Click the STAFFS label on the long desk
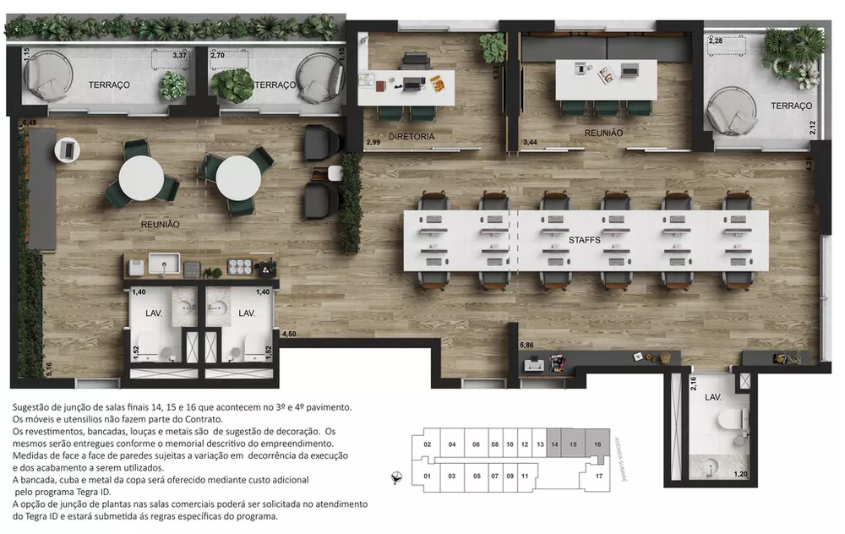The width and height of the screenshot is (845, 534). (585, 240)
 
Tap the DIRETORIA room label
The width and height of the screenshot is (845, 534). (412, 136)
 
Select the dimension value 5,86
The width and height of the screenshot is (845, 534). (526, 345)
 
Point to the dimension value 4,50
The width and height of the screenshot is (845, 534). (289, 334)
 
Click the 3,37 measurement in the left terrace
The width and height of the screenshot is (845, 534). (179, 56)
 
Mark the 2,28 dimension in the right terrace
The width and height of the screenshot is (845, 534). (716, 40)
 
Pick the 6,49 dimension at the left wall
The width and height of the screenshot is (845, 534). (30, 123)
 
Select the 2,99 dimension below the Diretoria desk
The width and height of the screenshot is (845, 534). (373, 143)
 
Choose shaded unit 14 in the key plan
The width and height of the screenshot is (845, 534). (554, 444)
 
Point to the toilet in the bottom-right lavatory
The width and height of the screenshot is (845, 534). (730, 419)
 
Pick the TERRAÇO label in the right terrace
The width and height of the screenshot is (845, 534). (791, 106)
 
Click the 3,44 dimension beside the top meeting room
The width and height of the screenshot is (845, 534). (530, 143)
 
